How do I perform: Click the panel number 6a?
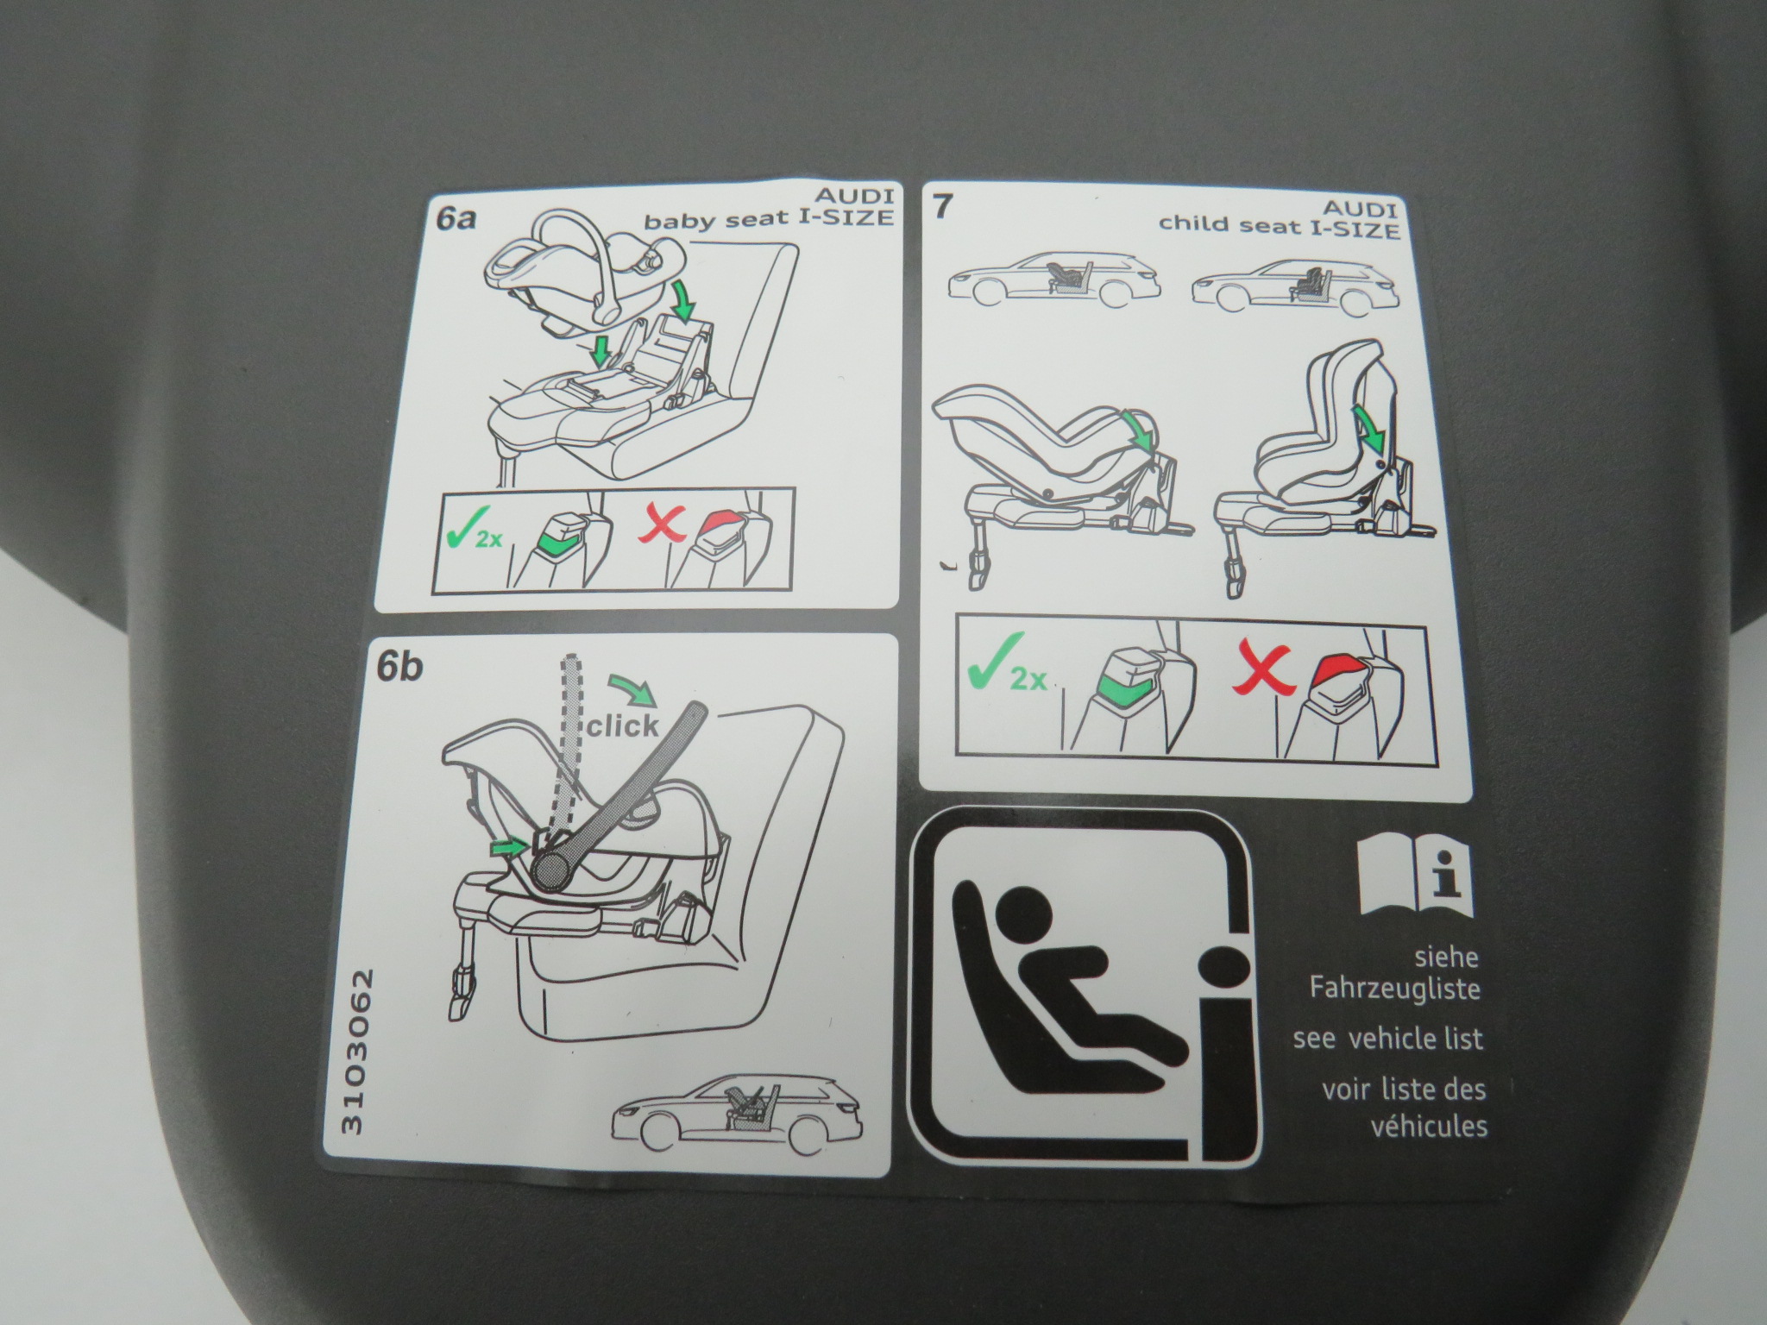pos(456,218)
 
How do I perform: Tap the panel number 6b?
pos(399,668)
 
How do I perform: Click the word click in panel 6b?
pos(623,725)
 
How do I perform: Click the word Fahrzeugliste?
pos(1394,988)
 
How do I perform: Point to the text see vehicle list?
pos(1387,1038)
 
